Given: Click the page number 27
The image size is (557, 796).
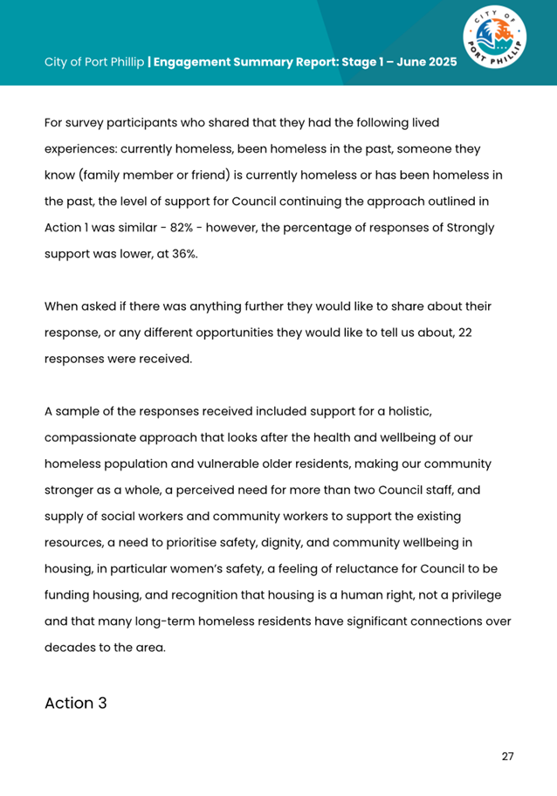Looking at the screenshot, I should point(507,755).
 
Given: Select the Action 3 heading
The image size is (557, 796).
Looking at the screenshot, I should point(76,703).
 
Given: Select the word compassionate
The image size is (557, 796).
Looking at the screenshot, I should point(93,437).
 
